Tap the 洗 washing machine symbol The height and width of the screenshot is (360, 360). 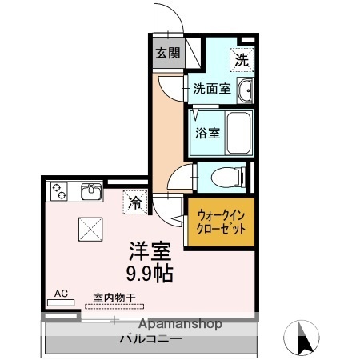point(242,58)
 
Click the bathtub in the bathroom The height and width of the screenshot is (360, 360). point(238,133)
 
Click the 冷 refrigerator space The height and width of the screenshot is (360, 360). point(135,202)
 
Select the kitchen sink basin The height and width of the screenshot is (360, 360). point(91,192)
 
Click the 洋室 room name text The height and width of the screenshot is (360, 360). point(150,251)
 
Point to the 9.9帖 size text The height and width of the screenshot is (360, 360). point(150,272)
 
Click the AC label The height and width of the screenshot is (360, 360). point(61,294)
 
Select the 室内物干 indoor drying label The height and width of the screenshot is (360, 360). point(113,298)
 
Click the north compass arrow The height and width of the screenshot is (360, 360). point(304,338)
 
